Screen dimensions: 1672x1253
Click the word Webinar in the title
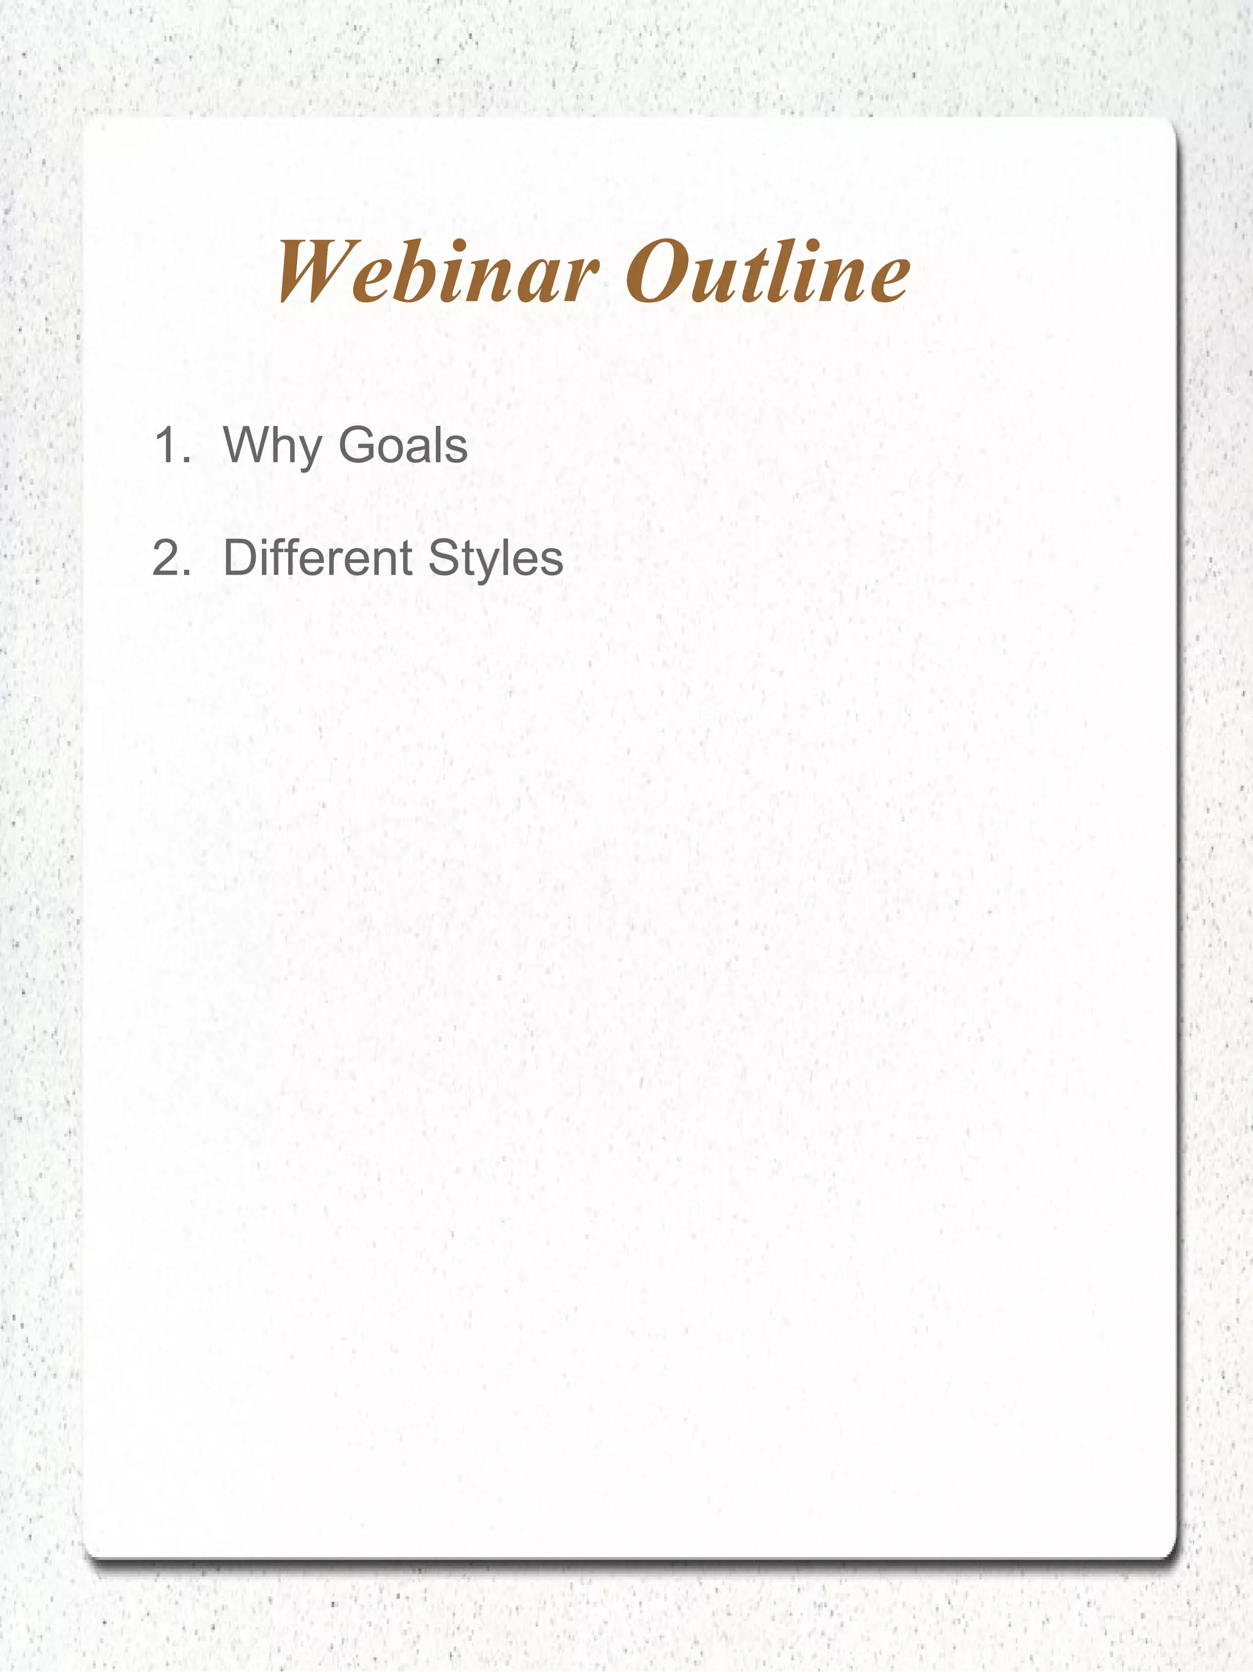click(438, 272)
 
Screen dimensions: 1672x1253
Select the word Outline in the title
click(768, 272)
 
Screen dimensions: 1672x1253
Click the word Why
click(272, 446)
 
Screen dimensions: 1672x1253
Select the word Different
click(318, 558)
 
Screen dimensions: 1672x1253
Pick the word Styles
click(495, 559)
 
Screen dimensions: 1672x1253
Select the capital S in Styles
click(444, 558)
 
